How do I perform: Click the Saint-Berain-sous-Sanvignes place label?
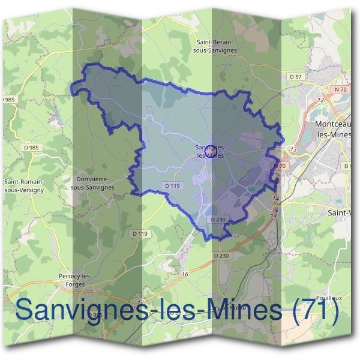217,47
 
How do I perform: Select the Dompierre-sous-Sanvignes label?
92,183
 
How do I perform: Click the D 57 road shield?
295,77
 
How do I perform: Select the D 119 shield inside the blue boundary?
171,187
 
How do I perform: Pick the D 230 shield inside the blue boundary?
218,220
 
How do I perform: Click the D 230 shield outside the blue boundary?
221,256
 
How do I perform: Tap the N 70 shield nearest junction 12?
341,89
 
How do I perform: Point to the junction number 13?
293,149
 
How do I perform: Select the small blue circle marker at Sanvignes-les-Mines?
211,152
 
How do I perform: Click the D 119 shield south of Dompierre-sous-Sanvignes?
139,233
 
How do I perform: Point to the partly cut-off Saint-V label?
342,212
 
